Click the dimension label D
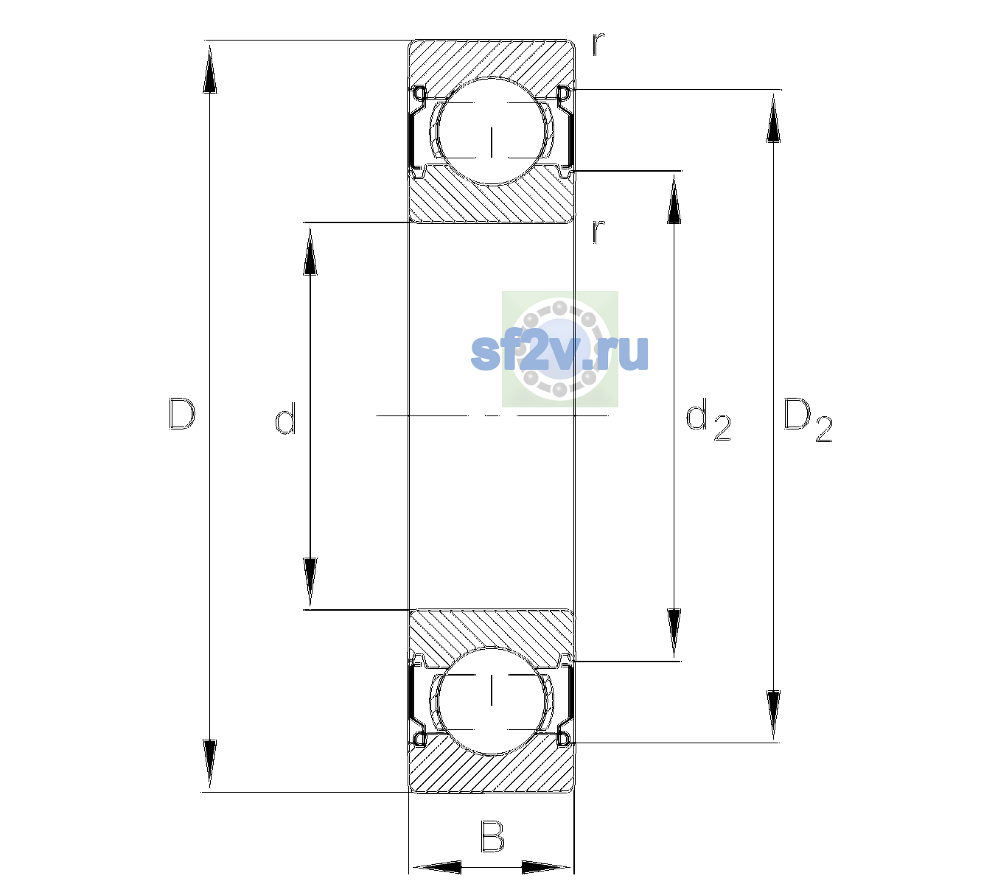(182, 414)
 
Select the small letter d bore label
(285, 418)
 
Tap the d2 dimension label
(708, 420)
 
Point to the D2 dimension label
(808, 420)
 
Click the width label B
(492, 836)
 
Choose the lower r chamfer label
(598, 231)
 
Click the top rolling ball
(492, 131)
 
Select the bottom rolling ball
(492, 701)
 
